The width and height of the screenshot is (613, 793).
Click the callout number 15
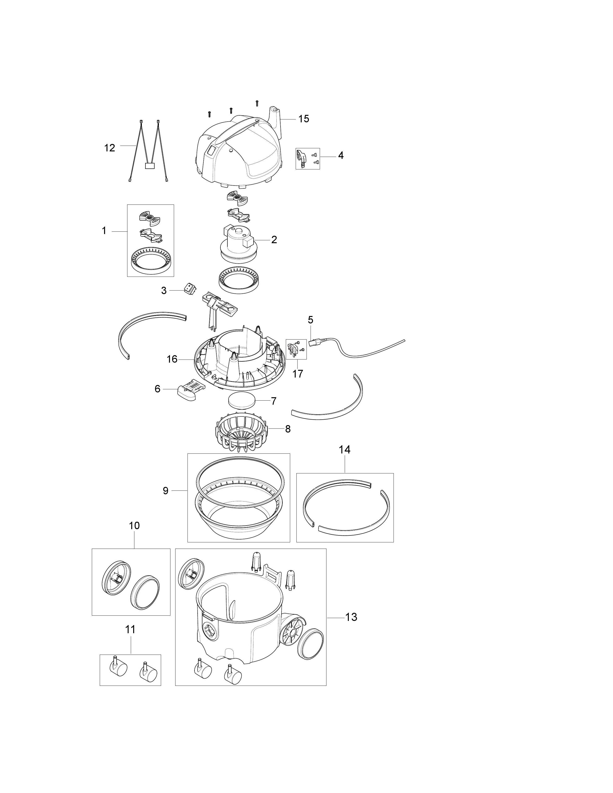click(304, 119)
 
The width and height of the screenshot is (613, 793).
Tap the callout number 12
click(110, 148)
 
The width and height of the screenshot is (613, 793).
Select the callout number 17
click(297, 374)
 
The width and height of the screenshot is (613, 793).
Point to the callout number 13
click(351, 617)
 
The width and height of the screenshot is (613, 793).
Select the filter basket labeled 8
click(241, 432)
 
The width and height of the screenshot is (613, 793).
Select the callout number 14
click(345, 450)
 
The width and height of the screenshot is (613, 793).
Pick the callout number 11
click(130, 629)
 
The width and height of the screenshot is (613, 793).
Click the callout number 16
click(172, 359)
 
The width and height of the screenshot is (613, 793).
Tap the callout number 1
click(104, 230)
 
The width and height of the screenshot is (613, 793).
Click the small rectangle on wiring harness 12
click(150, 166)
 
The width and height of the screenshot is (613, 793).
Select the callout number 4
click(341, 155)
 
